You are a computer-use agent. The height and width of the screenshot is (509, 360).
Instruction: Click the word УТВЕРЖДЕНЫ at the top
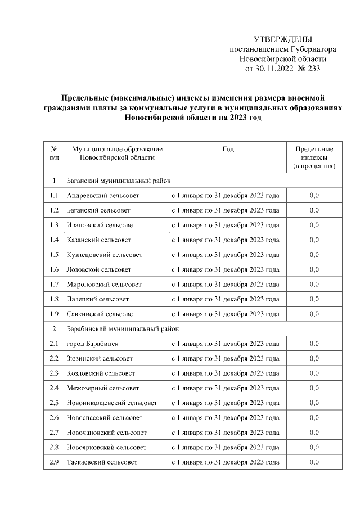click(x=282, y=39)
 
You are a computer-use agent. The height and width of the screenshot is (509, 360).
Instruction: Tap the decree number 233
click(x=312, y=69)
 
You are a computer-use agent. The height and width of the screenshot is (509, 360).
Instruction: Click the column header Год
click(x=228, y=149)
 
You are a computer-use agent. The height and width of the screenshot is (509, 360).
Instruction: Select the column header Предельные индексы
click(x=314, y=157)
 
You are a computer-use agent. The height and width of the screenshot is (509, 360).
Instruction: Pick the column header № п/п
click(x=54, y=154)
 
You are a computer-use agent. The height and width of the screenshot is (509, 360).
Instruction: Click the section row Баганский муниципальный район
click(x=118, y=181)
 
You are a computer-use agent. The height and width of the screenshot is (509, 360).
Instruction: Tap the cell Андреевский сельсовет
click(x=103, y=195)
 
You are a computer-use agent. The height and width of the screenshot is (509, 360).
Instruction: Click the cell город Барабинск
click(x=92, y=344)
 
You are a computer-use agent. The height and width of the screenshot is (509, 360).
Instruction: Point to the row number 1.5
click(x=54, y=255)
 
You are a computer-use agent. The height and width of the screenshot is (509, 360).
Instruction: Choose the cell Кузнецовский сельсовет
click(x=104, y=255)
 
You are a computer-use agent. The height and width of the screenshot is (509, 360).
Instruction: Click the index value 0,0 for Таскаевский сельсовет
click(x=314, y=462)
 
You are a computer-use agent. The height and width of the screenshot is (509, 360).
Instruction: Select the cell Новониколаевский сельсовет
click(x=111, y=403)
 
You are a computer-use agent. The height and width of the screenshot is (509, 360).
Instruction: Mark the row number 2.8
click(x=54, y=447)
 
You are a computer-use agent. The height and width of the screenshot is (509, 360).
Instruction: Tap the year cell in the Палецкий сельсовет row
click(x=225, y=299)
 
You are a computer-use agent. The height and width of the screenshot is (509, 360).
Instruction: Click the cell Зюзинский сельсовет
click(x=100, y=358)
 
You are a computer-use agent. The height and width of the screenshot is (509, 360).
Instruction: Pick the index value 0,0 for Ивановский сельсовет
click(x=314, y=225)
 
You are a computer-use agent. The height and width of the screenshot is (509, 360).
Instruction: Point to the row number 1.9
click(x=54, y=314)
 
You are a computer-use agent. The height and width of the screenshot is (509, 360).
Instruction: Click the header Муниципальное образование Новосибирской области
click(x=117, y=154)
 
